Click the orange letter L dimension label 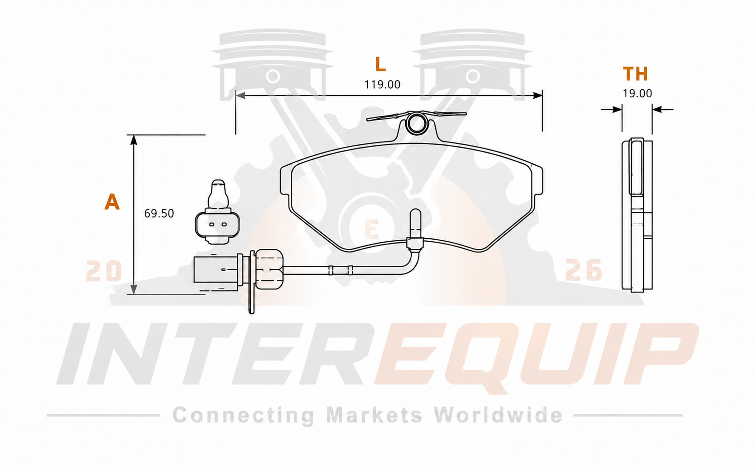tap(381, 64)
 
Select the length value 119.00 tap(382, 85)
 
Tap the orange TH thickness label tap(635, 74)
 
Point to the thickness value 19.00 tap(637, 93)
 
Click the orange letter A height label tap(112, 202)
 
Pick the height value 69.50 tap(159, 214)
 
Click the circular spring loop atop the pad tap(417, 123)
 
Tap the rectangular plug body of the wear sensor tap(216, 270)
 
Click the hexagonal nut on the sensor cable tap(269, 269)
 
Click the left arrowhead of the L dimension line tap(240, 95)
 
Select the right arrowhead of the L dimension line tap(538, 95)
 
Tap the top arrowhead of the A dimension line tap(134, 140)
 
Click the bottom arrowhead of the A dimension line tap(134, 289)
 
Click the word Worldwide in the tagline tap(498, 415)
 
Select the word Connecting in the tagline tap(243, 416)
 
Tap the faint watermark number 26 tap(583, 270)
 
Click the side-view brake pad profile tap(637, 215)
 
